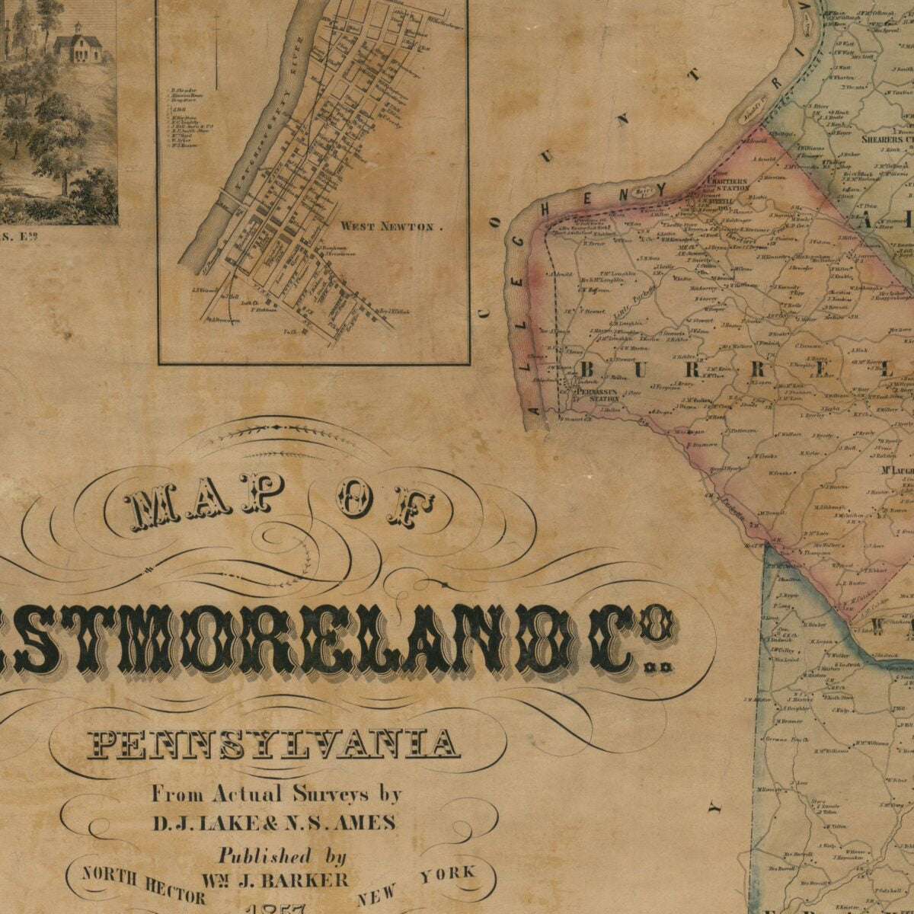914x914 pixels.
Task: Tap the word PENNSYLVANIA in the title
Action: pyautogui.click(x=275, y=743)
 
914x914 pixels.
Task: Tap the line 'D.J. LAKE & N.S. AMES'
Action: pyautogui.click(x=274, y=823)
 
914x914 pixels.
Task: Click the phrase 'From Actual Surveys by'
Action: pyautogui.click(x=276, y=794)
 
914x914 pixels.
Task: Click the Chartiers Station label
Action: pyautogui.click(x=727, y=184)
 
